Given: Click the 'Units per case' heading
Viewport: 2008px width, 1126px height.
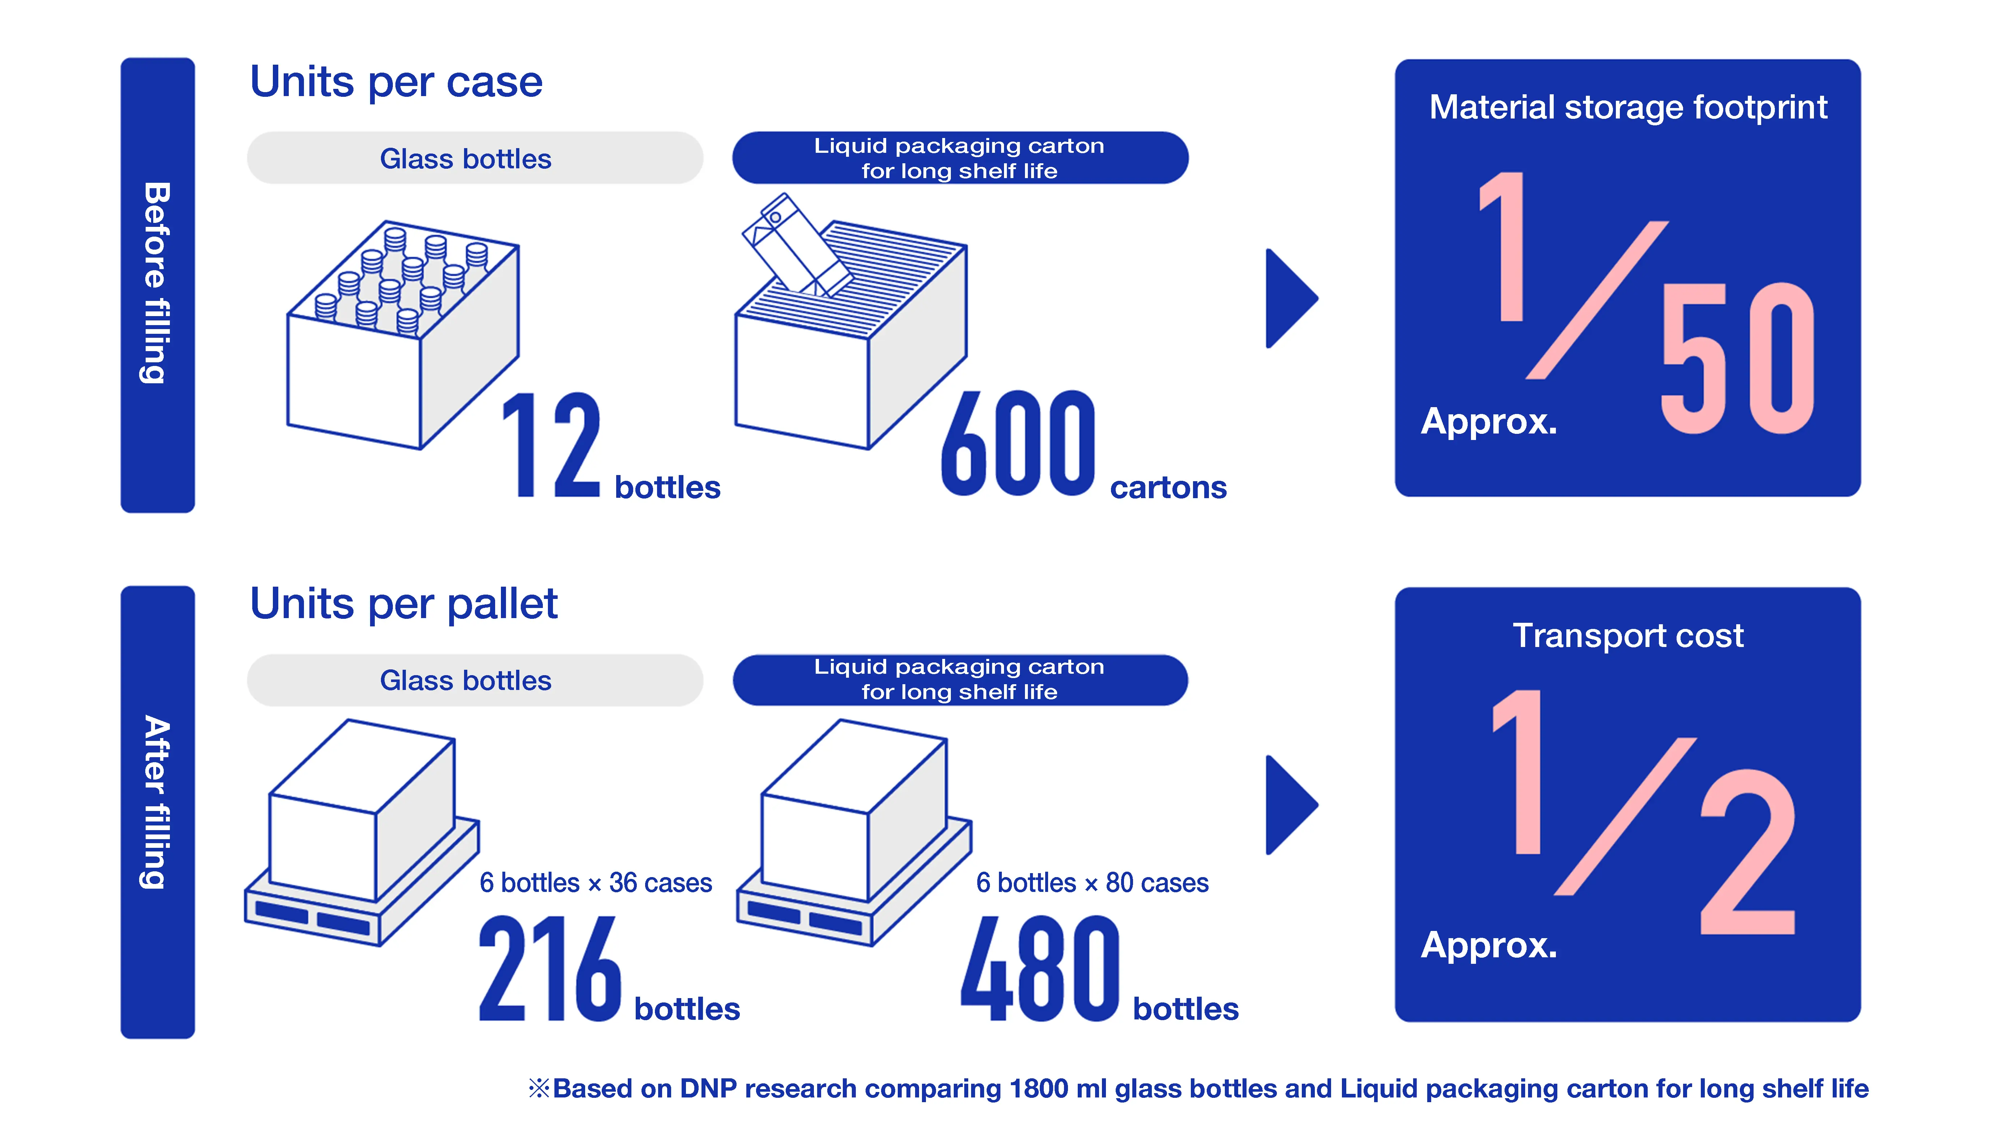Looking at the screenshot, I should coord(396,83).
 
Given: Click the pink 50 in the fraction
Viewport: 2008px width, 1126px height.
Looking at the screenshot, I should coord(1737,358).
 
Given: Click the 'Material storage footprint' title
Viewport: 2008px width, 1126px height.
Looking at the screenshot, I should coord(1627,108).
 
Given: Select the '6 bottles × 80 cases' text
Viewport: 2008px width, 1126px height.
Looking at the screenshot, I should coord(1091,883).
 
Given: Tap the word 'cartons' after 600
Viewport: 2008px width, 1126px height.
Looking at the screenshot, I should coord(1168,488).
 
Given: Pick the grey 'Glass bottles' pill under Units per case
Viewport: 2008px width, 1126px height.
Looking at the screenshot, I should coord(475,158).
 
